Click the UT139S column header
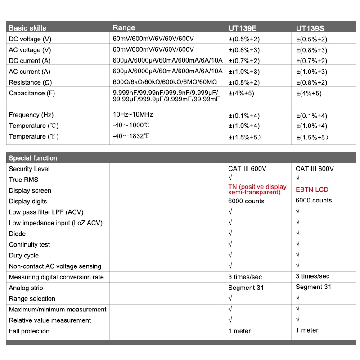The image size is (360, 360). pos(310,28)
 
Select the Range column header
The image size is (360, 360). pos(124,28)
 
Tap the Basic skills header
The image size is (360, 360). pos(27,28)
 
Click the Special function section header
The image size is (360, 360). pos(33,158)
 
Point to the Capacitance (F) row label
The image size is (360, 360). pos(33,93)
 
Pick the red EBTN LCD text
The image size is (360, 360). pos(312,189)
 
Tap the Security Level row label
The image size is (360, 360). pos(29,169)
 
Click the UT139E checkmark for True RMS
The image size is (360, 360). pos(230,179)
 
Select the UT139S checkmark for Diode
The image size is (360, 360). pos(298,233)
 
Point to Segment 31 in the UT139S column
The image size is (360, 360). pos(313,287)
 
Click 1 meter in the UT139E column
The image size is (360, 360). pos(239,331)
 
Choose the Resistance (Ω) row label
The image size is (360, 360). pos(31,82)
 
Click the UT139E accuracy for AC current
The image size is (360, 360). pos(244,72)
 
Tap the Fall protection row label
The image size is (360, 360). pos(29,331)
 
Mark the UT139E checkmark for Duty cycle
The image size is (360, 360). pos(230,255)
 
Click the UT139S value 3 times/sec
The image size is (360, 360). pos(312,276)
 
